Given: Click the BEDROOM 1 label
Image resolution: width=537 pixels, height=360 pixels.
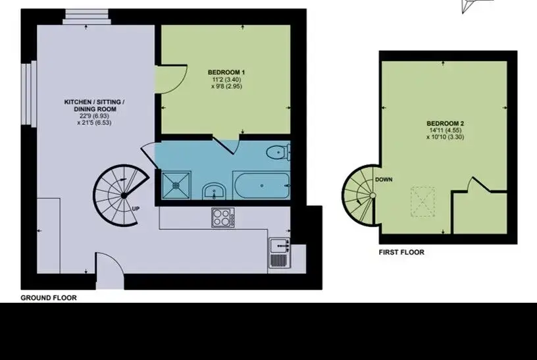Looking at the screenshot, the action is (x=226, y=72).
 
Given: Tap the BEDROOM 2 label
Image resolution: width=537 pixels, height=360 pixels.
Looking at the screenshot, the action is (x=446, y=123).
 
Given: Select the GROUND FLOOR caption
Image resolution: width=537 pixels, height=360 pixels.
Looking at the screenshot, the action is (x=49, y=297).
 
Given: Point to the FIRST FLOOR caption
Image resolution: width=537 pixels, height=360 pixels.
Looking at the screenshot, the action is (x=401, y=252).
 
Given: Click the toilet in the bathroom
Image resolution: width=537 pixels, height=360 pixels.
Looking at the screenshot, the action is (x=278, y=152).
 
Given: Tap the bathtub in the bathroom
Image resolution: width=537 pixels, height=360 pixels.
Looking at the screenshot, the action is (x=262, y=186).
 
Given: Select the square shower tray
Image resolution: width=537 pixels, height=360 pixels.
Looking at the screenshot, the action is (x=176, y=185).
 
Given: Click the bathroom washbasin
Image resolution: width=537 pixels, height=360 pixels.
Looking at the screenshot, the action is (x=214, y=191).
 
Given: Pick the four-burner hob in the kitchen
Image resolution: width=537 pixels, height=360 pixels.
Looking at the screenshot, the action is (x=223, y=217).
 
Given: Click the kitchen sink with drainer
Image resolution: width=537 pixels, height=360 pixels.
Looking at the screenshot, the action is (x=280, y=253).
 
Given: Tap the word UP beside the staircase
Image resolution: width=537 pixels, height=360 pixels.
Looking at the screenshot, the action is (x=136, y=209).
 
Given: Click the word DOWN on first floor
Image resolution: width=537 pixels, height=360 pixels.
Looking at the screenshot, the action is (x=384, y=180).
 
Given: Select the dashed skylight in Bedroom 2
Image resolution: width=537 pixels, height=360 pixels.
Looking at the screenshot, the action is (x=423, y=201).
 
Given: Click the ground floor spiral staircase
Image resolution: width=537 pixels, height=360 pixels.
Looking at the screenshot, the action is (x=122, y=195).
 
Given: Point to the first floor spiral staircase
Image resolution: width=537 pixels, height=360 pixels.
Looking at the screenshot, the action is (x=359, y=195).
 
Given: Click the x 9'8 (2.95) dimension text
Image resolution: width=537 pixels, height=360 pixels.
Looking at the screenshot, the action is (x=226, y=86).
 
